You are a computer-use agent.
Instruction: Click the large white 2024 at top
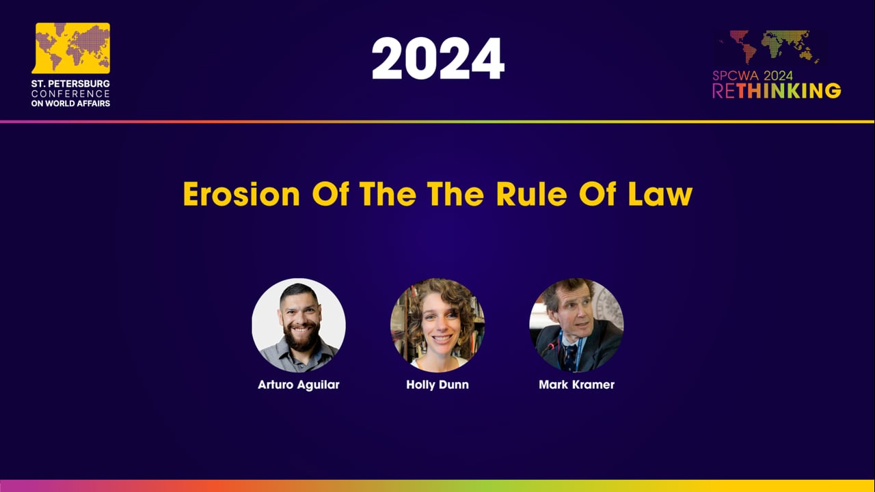click(437, 59)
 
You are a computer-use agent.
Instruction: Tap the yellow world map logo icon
click(72, 48)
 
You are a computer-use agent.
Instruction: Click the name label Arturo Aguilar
click(299, 385)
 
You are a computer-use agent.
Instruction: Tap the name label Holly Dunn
click(437, 385)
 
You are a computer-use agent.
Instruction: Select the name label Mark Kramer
click(576, 385)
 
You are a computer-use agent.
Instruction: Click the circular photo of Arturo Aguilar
click(299, 325)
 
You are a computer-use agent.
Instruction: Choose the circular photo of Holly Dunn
click(437, 325)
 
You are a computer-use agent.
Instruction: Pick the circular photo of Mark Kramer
click(576, 325)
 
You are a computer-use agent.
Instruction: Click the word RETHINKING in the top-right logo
click(777, 91)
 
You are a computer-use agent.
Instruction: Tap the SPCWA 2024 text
click(753, 76)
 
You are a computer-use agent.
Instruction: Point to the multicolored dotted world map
click(768, 47)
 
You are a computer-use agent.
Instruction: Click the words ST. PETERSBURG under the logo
click(70, 83)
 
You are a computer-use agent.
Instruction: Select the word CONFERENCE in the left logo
click(70, 94)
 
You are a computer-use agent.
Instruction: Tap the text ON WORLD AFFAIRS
click(70, 103)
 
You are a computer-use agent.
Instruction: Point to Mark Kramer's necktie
click(569, 355)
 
